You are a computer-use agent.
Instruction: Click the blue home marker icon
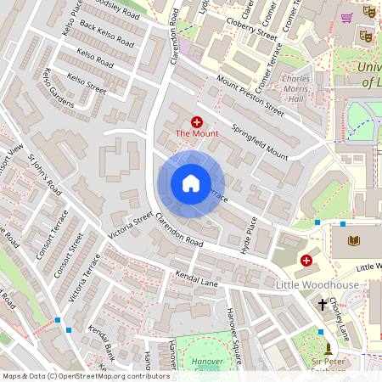[x=191, y=183]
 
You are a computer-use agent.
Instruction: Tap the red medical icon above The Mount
[x=197, y=122]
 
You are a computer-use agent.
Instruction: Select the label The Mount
[x=197, y=134]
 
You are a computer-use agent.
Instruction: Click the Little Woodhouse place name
[x=317, y=286]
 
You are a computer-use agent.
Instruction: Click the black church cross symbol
[x=323, y=303]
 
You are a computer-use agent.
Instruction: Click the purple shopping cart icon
[x=345, y=16]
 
